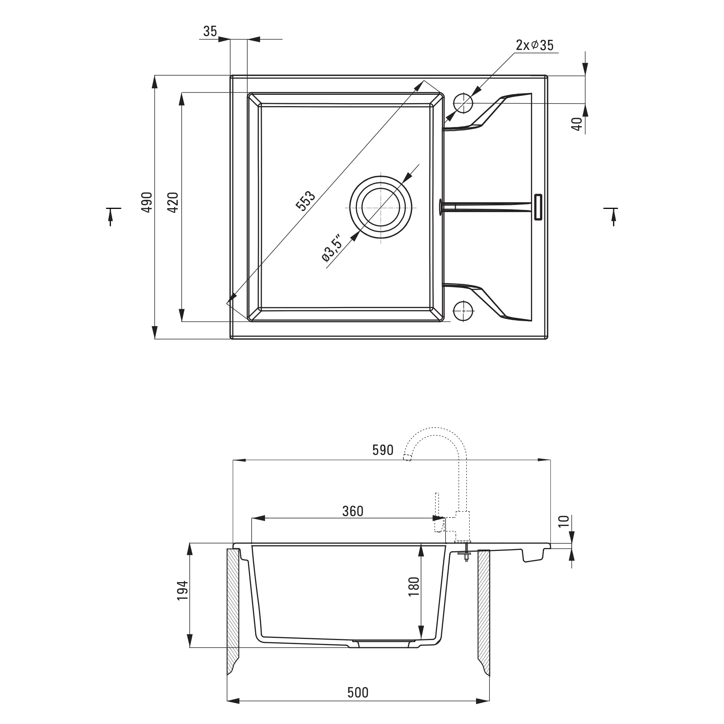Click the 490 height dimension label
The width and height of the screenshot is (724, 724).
point(147,202)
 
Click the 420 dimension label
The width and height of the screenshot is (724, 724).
point(173,202)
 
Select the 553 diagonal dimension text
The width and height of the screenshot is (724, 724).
point(306,201)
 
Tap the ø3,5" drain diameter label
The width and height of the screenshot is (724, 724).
point(332,248)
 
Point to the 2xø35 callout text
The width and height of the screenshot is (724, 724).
point(534,45)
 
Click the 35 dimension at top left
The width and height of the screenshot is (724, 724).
point(210,31)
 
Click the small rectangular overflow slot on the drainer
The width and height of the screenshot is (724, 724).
point(538,207)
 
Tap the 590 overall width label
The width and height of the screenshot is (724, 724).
point(383,450)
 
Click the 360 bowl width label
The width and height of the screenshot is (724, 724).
point(353,511)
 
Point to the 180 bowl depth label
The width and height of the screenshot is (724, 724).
point(413,586)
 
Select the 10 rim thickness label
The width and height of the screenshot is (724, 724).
point(564,521)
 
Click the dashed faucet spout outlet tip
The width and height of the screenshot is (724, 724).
point(407,458)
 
